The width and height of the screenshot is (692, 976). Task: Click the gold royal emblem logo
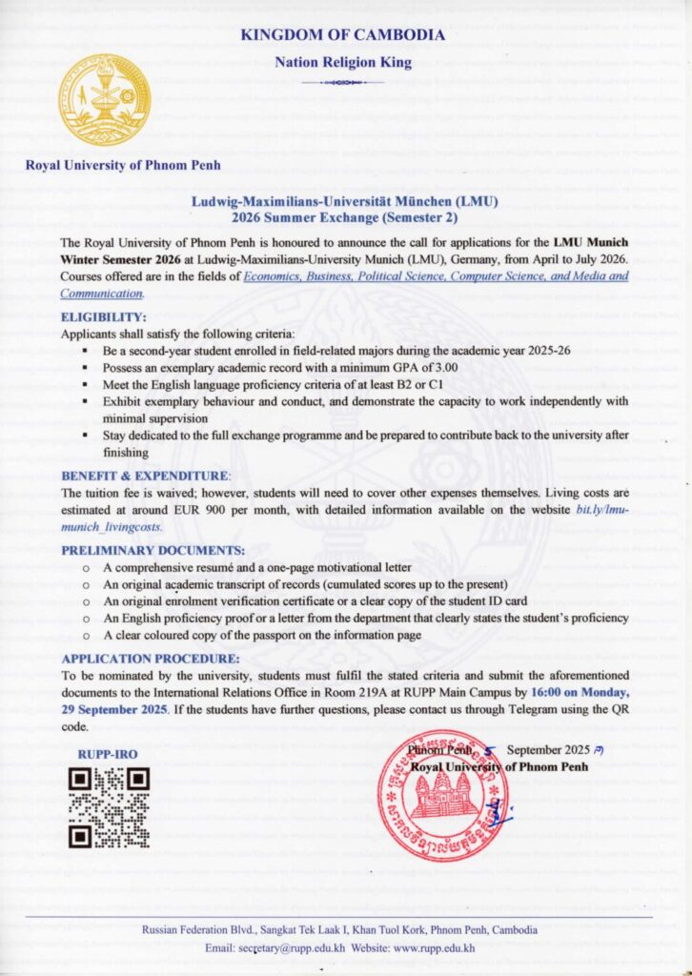(x=106, y=100)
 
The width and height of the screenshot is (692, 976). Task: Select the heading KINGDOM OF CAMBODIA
(x=343, y=35)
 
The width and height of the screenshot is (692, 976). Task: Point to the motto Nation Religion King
(x=343, y=63)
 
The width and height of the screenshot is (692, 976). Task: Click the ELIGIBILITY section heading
(x=104, y=316)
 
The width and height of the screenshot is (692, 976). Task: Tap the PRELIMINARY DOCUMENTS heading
(x=153, y=550)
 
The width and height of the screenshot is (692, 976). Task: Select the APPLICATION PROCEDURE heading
(x=150, y=659)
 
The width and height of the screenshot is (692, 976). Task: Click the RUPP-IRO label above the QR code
(x=108, y=754)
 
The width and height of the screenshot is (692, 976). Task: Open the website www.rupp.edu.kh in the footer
(x=434, y=947)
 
